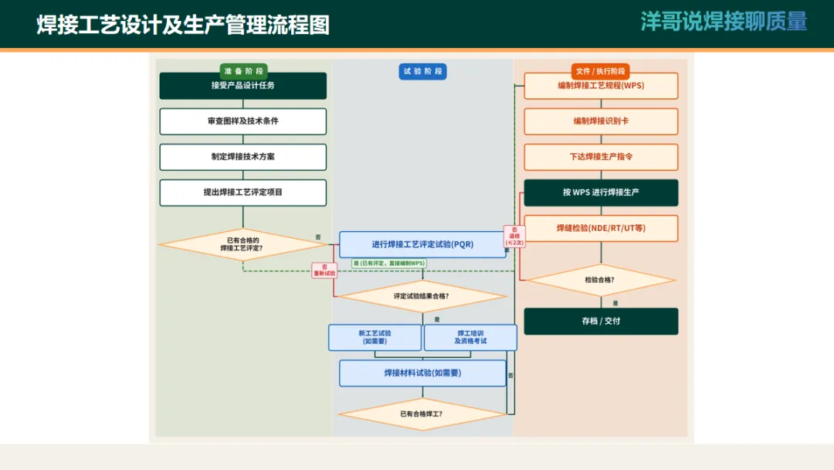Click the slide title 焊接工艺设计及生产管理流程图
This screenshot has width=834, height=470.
click(183, 25)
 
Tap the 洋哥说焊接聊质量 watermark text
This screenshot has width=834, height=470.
click(724, 22)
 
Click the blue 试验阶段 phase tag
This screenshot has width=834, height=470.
click(422, 71)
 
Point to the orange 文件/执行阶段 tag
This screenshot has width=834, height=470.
click(600, 70)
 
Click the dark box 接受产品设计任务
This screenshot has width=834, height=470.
click(242, 86)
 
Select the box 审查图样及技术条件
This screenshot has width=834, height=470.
click(242, 121)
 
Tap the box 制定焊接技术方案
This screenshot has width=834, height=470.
click(242, 157)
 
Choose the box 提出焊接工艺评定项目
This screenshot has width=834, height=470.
click(242, 192)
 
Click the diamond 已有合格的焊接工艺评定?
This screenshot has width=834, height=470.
click(242, 244)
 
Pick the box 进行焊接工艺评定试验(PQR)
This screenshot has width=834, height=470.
click(422, 244)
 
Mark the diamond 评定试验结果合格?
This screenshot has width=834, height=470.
click(422, 295)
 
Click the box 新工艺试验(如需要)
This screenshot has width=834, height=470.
click(375, 337)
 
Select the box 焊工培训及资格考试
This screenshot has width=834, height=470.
click(470, 337)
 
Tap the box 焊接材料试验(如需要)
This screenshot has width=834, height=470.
click(422, 373)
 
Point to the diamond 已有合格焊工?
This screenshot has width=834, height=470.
click(422, 414)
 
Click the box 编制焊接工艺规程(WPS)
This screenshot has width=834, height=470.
click(601, 86)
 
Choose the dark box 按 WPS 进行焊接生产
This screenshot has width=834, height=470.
click(601, 192)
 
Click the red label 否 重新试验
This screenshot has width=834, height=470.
click(324, 270)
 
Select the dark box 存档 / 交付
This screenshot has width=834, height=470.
click(601, 321)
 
